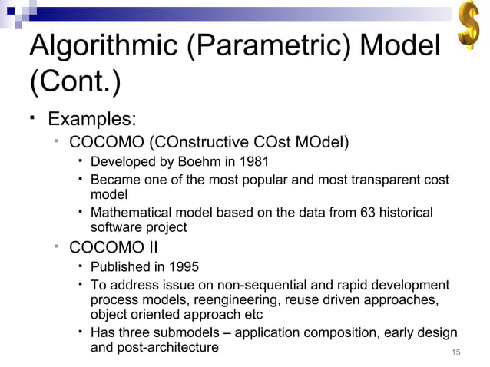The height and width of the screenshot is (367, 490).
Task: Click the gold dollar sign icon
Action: point(468,27)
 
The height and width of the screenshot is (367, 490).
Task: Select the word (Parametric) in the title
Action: point(269,48)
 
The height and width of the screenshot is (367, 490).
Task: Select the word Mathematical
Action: point(130,212)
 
